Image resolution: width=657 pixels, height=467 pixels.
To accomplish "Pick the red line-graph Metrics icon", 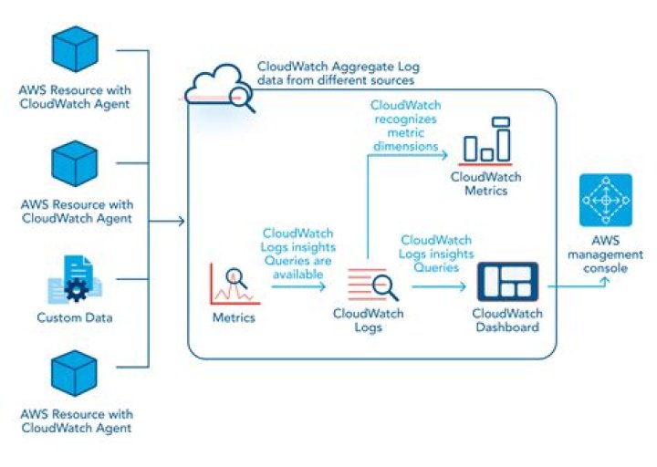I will (x=232, y=283).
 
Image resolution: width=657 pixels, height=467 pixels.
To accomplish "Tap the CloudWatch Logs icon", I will (x=373, y=285).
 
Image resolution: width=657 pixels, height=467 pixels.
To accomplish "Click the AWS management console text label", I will (x=605, y=254).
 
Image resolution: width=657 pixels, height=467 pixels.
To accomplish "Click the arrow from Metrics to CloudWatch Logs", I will (x=297, y=286).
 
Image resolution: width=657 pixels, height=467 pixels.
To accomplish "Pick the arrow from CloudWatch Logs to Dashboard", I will (x=443, y=285).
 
